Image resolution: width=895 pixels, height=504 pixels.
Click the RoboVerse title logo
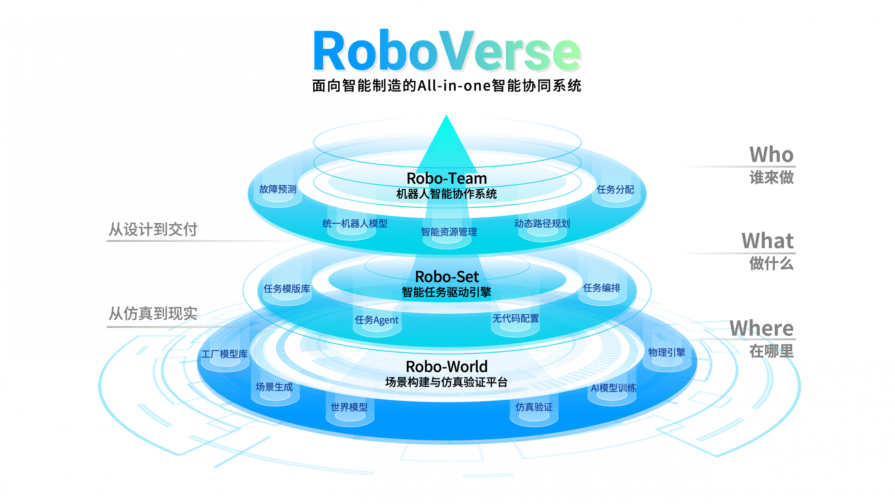coord(447,51)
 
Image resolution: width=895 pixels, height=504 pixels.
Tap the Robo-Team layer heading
coord(447,178)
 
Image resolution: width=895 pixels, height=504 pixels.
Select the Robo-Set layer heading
coord(447,276)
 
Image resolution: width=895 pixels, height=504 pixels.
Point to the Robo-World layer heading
coord(447,366)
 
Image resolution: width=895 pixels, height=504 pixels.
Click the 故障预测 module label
coord(278,189)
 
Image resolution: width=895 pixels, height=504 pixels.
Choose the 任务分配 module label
coord(615,189)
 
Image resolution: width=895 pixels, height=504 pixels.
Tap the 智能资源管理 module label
coord(449,232)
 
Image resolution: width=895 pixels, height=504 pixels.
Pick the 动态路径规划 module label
coord(542,223)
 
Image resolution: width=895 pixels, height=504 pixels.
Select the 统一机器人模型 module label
coord(355,223)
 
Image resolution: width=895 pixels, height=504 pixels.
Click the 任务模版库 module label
coord(287,289)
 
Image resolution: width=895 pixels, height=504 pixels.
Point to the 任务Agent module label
coord(377,320)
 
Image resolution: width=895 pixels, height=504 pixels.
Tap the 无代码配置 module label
coord(516,318)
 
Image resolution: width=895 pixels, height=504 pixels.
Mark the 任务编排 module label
coord(602,287)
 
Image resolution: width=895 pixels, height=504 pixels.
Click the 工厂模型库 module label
coord(224,354)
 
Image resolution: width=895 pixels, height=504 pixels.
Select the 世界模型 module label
coord(349,407)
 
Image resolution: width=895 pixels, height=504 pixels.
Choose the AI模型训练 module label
coord(614,388)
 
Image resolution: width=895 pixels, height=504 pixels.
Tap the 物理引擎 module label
coord(667,352)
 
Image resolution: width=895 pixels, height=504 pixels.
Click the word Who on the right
coord(771,154)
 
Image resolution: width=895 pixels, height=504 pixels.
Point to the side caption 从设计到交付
coord(153,229)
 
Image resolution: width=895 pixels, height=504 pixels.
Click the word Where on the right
coord(761,328)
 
